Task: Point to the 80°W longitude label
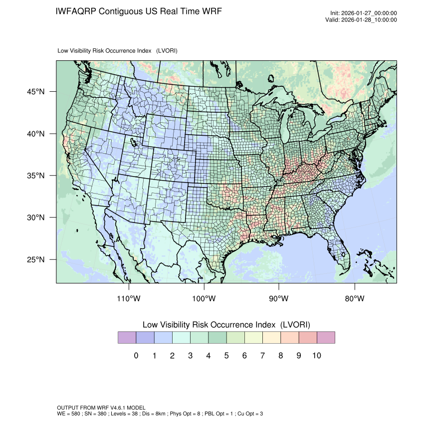[355, 299]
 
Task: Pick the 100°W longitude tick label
[204, 299]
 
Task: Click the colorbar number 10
[317, 356]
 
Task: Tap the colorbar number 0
[136, 356]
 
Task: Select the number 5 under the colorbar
[226, 356]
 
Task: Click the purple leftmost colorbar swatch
[127, 338]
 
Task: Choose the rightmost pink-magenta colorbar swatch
[326, 338]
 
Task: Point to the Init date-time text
[364, 13]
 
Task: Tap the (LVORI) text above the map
[167, 51]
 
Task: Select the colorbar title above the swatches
[226, 325]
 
